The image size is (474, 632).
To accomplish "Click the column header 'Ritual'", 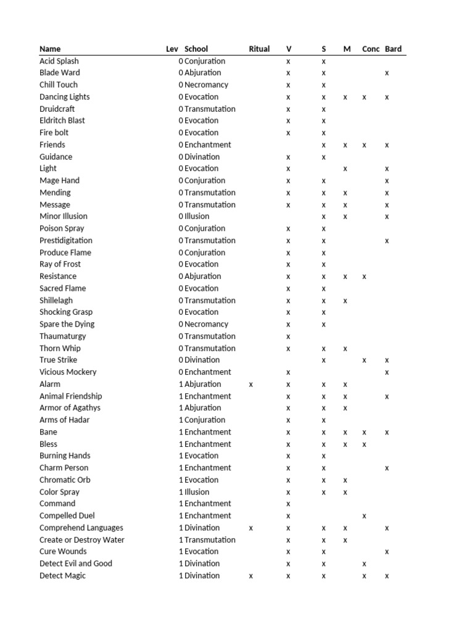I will click(259, 49).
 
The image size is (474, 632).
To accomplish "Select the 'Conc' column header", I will click(371, 49).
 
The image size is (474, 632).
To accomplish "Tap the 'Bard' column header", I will click(393, 49).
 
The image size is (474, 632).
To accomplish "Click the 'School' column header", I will click(196, 49).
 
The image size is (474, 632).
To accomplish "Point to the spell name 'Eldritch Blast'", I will click(62, 120).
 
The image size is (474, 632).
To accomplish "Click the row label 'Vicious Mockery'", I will click(68, 372).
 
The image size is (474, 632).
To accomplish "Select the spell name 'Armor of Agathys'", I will click(70, 408).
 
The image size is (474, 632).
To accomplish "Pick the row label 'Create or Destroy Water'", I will click(82, 540).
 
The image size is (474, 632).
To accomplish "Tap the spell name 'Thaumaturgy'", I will click(63, 336).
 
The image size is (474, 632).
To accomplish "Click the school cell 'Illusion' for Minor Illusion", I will click(197, 217).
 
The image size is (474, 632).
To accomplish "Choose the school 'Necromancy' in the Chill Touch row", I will click(206, 85).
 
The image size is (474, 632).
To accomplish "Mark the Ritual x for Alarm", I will click(251, 385).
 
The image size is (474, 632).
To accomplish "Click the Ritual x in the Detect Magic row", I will click(251, 576).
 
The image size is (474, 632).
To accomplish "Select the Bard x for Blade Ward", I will click(387, 73).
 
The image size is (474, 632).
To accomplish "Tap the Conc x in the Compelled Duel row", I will click(365, 516).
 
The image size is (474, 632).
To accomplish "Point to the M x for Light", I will click(346, 169).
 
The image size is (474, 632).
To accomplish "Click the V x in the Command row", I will click(288, 504).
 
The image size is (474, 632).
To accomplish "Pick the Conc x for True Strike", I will click(365, 360).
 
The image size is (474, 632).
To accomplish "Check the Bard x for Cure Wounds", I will click(387, 552).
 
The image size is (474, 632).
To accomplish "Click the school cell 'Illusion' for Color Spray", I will click(197, 493).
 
